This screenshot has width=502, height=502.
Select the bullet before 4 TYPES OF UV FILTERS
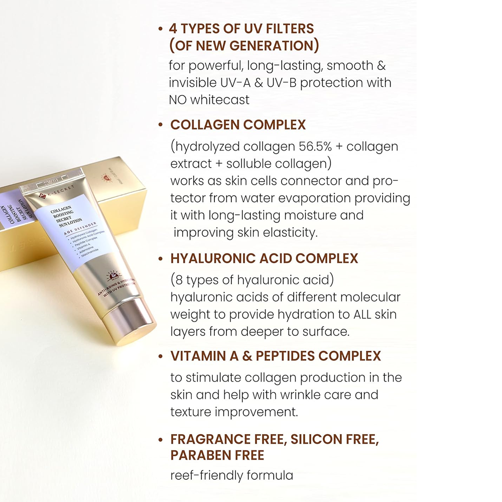160,29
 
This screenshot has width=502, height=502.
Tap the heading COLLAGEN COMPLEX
238,124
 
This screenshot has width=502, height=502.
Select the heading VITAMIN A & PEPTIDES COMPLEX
276,356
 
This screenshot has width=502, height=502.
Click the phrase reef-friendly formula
231,475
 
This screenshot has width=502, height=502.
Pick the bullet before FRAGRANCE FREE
160,440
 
